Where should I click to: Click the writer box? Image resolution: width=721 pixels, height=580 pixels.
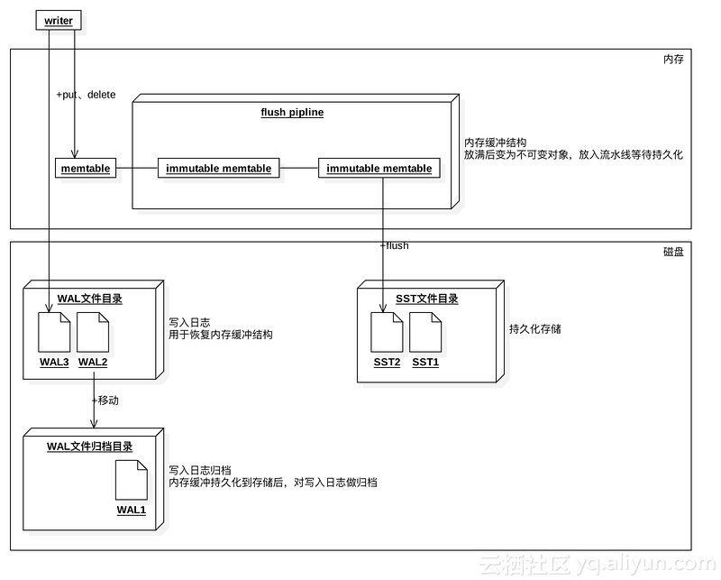pyautogui.click(x=58, y=21)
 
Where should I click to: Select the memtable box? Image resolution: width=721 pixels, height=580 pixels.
pyautogui.click(x=87, y=169)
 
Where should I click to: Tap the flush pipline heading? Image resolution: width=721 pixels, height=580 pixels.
pyautogui.click(x=291, y=113)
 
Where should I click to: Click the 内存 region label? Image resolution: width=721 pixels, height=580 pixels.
pyautogui.click(x=673, y=60)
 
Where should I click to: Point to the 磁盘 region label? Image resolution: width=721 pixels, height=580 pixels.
pyautogui.click(x=673, y=252)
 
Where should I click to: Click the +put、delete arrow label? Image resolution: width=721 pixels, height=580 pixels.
pyautogui.click(x=86, y=95)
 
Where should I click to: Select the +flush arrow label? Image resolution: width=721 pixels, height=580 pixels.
pyautogui.click(x=394, y=245)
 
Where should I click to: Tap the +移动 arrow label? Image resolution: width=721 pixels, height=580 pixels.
pyautogui.click(x=105, y=400)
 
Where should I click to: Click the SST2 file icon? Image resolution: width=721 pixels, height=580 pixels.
pyautogui.click(x=387, y=332)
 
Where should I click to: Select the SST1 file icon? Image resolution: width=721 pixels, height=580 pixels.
pyautogui.click(x=425, y=332)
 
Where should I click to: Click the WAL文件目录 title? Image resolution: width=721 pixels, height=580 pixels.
pyautogui.click(x=90, y=299)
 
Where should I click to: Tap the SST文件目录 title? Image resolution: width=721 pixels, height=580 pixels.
pyautogui.click(x=426, y=299)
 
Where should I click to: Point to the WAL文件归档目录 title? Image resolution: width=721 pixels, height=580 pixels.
pyautogui.click(x=90, y=447)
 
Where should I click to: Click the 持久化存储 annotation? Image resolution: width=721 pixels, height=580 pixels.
pyautogui.click(x=535, y=329)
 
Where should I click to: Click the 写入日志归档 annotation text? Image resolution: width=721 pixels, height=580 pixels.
pyautogui.click(x=200, y=470)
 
